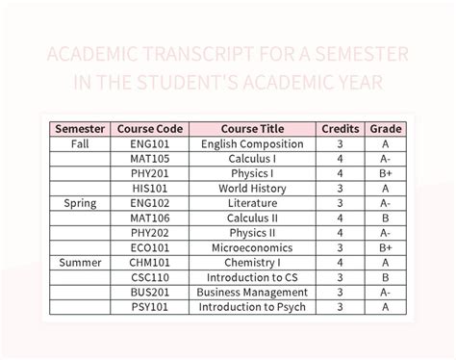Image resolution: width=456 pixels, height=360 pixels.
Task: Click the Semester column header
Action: pos(80,129)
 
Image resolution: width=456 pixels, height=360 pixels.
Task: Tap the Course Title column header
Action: pos(252,129)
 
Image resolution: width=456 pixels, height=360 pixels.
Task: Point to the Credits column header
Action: pos(341,129)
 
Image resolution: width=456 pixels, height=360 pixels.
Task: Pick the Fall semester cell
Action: pos(80,144)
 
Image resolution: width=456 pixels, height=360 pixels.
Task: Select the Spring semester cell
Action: pos(80,203)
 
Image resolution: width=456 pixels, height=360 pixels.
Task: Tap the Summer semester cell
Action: pos(80,262)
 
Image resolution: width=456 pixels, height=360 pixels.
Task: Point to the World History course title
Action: pos(252,189)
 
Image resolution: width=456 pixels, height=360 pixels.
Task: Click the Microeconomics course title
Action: pos(252,247)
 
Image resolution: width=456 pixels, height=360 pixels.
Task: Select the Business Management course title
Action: pos(252,292)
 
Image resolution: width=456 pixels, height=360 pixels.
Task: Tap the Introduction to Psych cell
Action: pos(252,307)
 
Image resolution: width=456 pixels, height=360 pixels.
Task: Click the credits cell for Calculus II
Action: pos(341,219)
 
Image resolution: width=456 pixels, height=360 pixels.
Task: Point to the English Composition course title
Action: pos(252,144)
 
